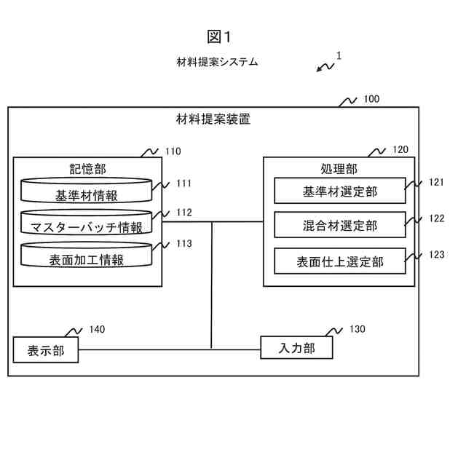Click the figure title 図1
click(218, 37)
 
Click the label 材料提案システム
click(217, 62)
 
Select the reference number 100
click(371, 99)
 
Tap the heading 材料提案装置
click(213, 119)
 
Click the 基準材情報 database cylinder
click(86, 191)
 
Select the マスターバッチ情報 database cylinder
click(86, 222)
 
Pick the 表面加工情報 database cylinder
click(86, 254)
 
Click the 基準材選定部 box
click(340, 191)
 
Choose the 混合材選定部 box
click(340, 225)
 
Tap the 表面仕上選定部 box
click(340, 261)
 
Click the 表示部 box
click(46, 349)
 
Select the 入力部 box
click(296, 347)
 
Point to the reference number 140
click(97, 329)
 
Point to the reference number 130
click(358, 329)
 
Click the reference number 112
click(184, 213)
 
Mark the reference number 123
click(437, 254)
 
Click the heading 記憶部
click(87, 169)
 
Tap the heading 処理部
click(339, 169)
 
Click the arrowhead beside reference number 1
click(319, 70)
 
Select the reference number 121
click(436, 182)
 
